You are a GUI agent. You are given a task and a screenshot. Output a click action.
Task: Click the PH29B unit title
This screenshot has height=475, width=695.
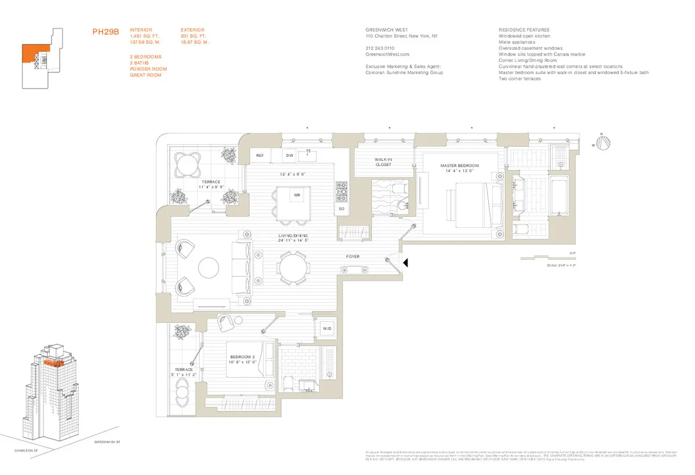pyautogui.click(x=105, y=32)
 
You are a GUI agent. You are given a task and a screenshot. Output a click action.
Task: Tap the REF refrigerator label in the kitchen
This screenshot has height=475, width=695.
pyautogui.click(x=260, y=156)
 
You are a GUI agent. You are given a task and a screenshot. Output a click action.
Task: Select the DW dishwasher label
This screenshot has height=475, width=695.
pyautogui.click(x=289, y=156)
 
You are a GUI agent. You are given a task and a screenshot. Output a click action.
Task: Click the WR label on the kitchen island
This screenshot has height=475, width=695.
pyautogui.click(x=297, y=196)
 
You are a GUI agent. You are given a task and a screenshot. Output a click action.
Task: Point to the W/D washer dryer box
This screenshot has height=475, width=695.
pyautogui.click(x=327, y=329)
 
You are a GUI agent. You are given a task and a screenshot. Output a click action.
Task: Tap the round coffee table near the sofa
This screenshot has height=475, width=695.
pyautogui.click(x=209, y=268)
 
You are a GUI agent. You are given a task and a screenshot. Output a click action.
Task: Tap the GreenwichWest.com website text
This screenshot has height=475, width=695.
pyautogui.click(x=384, y=54)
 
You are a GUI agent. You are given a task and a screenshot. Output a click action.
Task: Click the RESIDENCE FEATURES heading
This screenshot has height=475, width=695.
pyautogui.click(x=524, y=30)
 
